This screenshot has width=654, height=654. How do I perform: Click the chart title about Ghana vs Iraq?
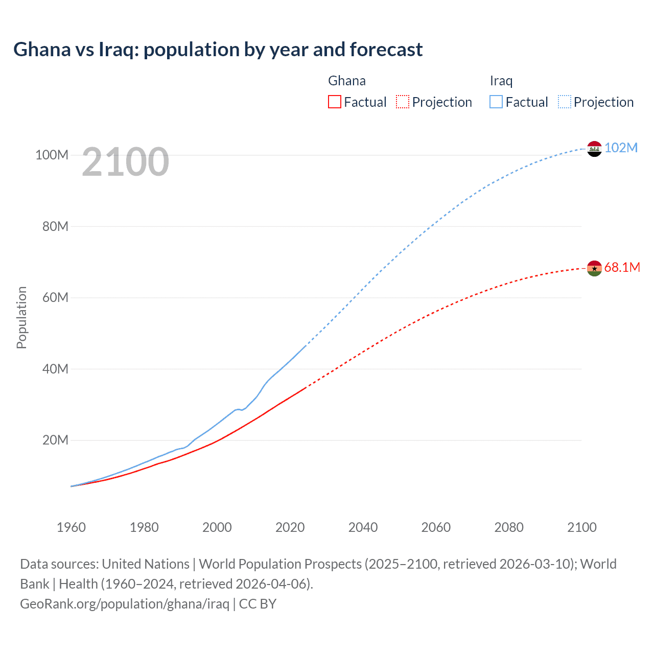click(x=218, y=50)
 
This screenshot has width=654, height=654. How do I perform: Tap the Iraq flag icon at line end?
click(x=594, y=149)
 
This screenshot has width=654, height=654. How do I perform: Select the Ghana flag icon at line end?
click(x=594, y=268)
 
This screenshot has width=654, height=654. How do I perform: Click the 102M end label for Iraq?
click(x=621, y=148)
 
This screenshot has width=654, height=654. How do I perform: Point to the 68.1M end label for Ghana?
click(x=622, y=267)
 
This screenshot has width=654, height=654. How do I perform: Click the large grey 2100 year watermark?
click(x=125, y=162)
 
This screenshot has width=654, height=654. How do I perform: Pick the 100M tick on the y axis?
click(x=52, y=155)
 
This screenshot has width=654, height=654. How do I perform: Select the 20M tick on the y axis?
click(x=55, y=440)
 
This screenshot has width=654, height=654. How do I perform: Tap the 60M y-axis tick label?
click(x=55, y=297)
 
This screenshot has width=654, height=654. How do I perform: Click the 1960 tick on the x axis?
click(x=71, y=527)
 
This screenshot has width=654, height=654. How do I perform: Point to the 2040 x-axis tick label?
click(x=363, y=527)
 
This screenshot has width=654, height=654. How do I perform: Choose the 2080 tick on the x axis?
click(x=509, y=527)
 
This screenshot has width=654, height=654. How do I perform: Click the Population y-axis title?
click(x=21, y=317)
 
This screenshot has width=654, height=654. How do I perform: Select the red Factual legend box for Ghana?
click(x=335, y=102)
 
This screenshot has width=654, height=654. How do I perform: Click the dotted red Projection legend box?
click(x=403, y=102)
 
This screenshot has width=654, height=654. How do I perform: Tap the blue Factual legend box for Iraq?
click(x=496, y=102)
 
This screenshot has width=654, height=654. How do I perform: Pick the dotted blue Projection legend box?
click(x=564, y=102)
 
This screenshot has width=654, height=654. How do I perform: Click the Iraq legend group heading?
click(x=501, y=81)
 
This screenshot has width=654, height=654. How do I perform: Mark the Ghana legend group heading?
click(x=346, y=81)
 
